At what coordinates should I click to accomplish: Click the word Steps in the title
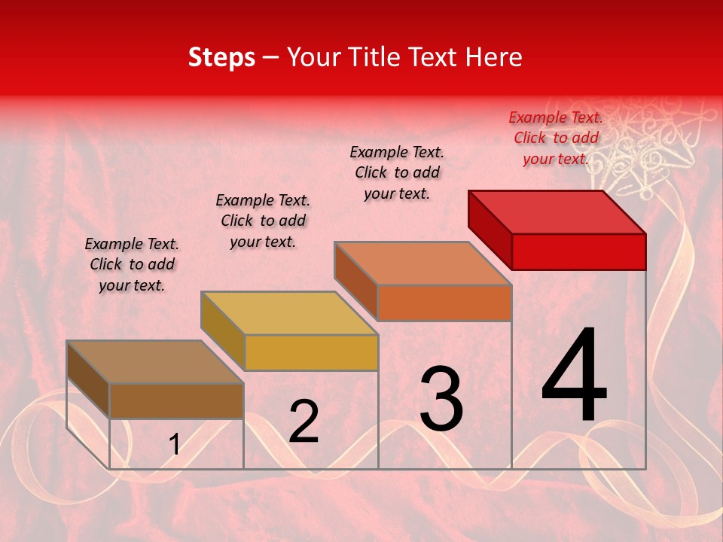(221, 57)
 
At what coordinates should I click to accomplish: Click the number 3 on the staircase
(441, 399)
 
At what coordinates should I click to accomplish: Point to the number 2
(304, 422)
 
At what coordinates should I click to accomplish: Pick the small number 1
(175, 445)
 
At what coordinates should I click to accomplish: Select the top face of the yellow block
(289, 313)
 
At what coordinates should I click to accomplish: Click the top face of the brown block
(155, 362)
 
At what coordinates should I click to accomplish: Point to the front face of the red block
(578, 251)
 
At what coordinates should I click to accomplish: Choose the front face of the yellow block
(311, 352)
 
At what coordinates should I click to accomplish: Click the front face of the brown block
(176, 400)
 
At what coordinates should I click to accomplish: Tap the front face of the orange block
(444, 303)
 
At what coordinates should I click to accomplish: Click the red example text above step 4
(556, 138)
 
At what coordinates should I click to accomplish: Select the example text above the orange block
(397, 172)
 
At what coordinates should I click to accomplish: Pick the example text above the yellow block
(263, 221)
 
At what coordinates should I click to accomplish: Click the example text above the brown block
(132, 264)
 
